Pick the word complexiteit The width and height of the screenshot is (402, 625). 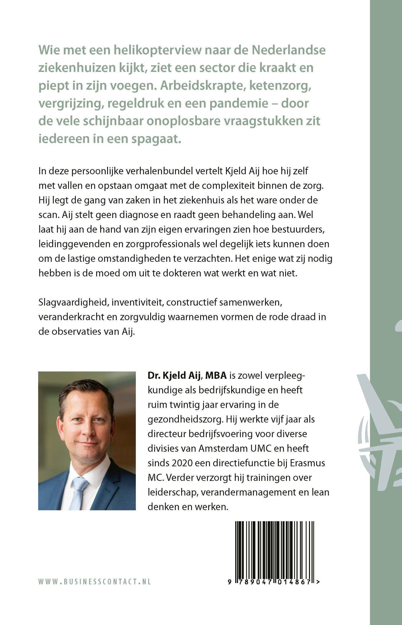(x=229, y=186)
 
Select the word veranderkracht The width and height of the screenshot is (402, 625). (x=70, y=317)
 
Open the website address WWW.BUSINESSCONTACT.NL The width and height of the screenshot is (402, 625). (x=94, y=582)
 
